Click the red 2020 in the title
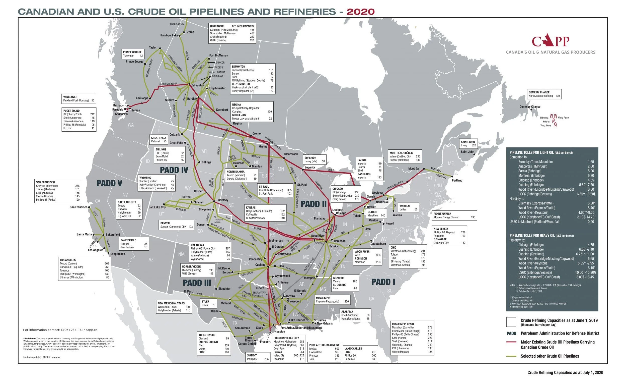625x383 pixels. pos(360,12)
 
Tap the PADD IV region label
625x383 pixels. pos(174,170)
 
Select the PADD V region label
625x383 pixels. pos(110,183)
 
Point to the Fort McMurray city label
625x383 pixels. pos(218,55)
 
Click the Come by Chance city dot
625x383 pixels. pos(531,110)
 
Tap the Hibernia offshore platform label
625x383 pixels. pos(544,118)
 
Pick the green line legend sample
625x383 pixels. pos(511,356)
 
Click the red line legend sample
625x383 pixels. pos(511,342)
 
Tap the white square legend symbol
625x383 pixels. pos(511,322)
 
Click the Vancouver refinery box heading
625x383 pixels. pos(70,97)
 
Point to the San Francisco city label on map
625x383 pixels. pos(79,207)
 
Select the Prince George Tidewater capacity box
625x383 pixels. pos(133,54)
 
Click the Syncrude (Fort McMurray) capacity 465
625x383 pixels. pos(252,30)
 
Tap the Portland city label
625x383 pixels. pos(457,180)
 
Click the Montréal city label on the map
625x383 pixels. pos(414,169)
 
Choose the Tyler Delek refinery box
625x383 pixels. pos(208,303)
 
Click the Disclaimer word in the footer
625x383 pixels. pos(29,339)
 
